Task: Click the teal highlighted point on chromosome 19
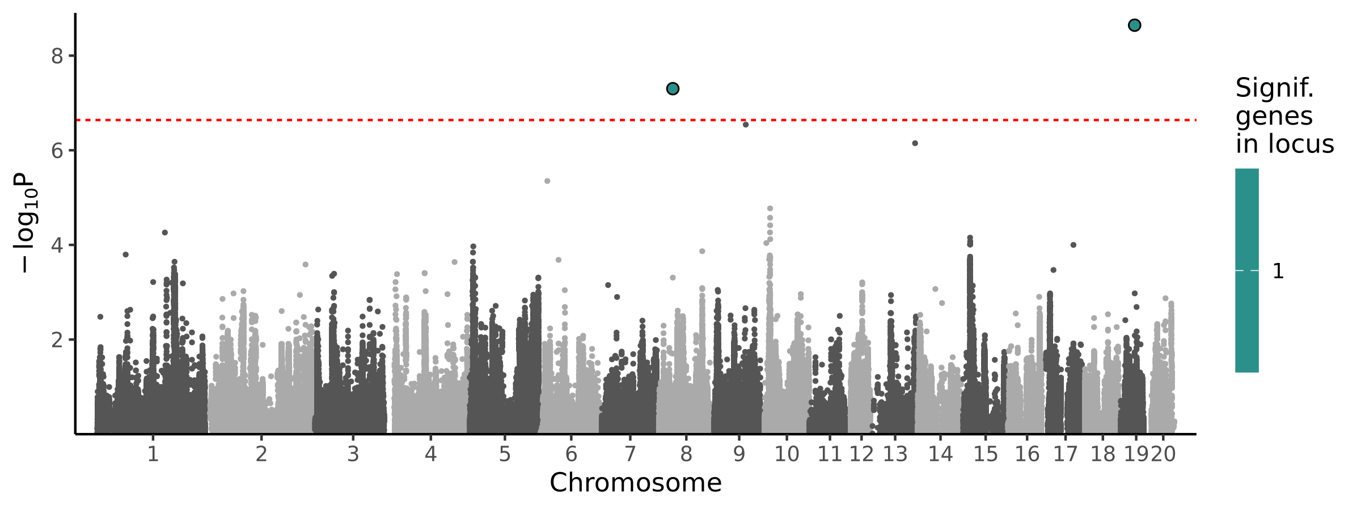tap(1134, 25)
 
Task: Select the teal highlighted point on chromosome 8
tap(673, 88)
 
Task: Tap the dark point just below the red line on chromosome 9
tap(746, 125)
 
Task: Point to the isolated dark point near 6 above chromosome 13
tap(915, 143)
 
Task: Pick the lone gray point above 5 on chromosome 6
tap(547, 181)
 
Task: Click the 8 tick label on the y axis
tap(57, 56)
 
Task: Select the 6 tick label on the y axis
tap(57, 151)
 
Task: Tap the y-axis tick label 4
tap(57, 245)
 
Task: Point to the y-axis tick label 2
tap(57, 340)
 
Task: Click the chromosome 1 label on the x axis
tap(153, 454)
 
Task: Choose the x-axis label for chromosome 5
tap(505, 454)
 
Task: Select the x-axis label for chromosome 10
tap(787, 454)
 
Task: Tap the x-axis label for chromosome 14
tap(940, 454)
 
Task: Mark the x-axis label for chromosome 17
tap(1065, 454)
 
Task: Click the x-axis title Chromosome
tap(635, 483)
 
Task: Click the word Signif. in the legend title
tap(1274, 88)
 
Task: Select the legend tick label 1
tap(1278, 271)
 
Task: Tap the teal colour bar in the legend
tap(1247, 270)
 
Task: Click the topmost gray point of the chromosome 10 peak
tap(770, 209)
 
